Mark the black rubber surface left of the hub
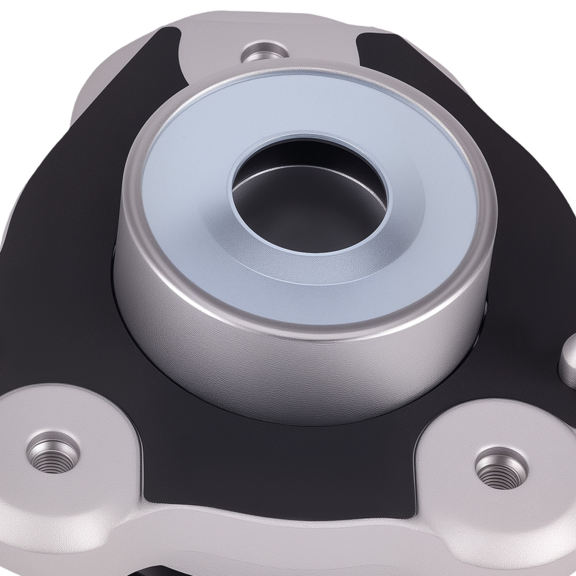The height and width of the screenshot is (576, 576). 63,259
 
